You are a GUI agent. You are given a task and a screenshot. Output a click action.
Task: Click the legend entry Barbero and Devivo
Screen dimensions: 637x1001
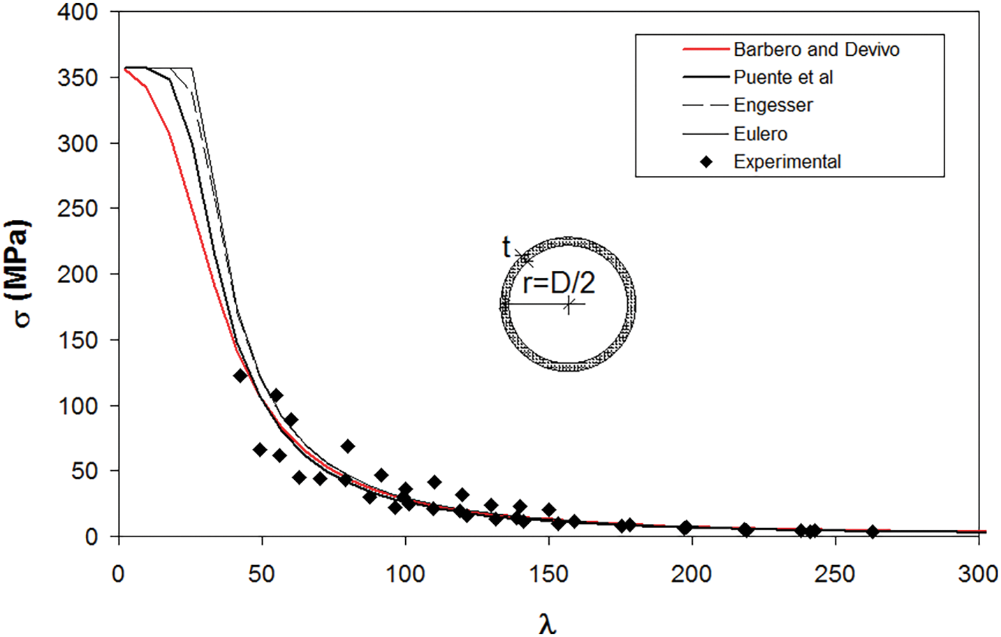(816, 50)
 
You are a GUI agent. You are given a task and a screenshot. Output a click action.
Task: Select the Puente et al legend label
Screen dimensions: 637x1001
(783, 78)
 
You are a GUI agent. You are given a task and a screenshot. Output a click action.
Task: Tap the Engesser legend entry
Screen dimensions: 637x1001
(773, 105)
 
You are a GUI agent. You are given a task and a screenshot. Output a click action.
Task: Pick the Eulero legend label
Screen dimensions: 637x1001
(760, 133)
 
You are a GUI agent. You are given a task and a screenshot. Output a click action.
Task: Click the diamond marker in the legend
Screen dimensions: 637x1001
(706, 162)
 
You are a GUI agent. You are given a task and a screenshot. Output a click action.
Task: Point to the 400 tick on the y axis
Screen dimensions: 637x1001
(78, 13)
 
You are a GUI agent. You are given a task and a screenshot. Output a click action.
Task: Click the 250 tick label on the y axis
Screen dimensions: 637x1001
(78, 209)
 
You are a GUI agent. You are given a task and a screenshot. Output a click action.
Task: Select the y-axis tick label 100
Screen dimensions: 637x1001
(78, 406)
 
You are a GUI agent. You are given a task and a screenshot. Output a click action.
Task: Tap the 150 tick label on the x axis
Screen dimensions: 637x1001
(548, 574)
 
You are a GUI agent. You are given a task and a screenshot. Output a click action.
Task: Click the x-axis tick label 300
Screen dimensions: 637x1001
(978, 574)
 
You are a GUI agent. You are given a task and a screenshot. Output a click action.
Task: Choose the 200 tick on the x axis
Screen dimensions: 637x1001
(692, 574)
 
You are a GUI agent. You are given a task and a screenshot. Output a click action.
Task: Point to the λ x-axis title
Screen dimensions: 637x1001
(548, 622)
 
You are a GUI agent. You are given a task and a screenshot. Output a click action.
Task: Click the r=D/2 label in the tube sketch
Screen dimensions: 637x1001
(559, 283)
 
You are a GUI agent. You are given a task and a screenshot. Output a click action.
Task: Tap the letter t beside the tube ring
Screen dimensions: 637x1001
(506, 247)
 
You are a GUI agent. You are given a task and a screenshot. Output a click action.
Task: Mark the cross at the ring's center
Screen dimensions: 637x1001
(569, 305)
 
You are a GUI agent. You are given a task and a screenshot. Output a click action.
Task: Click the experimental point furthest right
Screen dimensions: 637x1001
(872, 532)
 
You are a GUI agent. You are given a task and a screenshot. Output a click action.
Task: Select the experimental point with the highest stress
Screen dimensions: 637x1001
(240, 376)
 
